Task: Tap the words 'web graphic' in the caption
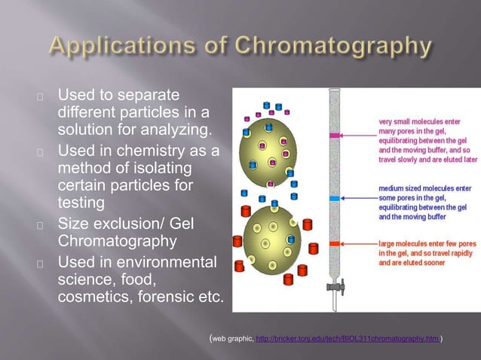coord(232,340)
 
